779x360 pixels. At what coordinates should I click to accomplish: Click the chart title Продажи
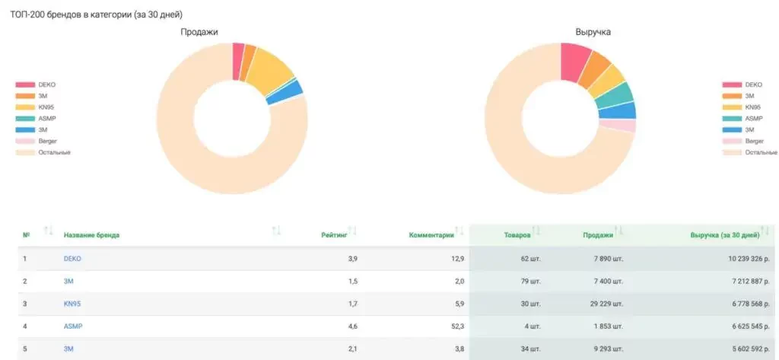point(199,32)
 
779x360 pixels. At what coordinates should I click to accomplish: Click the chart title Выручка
point(593,32)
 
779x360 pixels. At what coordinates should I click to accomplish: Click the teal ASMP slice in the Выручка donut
point(622,94)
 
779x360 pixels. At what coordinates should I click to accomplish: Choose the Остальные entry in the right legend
point(761,152)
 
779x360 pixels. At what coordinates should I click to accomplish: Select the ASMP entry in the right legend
point(754,119)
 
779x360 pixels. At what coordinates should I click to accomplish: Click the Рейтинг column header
point(334,234)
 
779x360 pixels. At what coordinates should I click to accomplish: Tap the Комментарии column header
point(431,234)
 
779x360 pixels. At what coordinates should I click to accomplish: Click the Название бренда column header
point(91,234)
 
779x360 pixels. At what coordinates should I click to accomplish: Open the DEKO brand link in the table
point(72,259)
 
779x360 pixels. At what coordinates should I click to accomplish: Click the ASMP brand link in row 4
point(73,327)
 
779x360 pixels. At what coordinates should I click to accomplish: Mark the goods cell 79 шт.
point(530,282)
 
